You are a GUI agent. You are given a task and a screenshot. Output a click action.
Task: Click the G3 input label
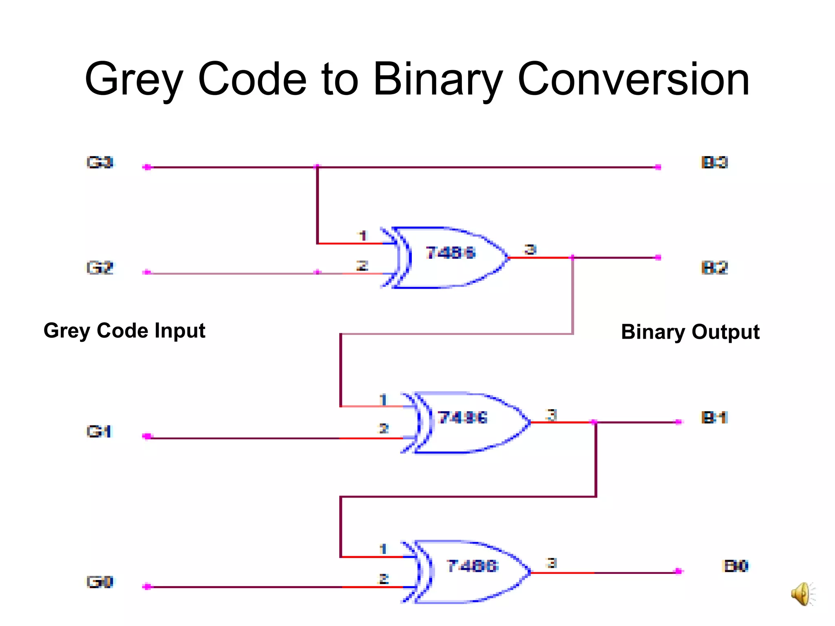(100, 163)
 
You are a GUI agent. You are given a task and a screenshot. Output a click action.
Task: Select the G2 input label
(100, 268)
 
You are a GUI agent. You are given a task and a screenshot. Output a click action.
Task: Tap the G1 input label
(99, 431)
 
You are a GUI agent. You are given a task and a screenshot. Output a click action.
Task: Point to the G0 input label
(100, 582)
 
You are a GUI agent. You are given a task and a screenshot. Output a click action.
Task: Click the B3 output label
(714, 163)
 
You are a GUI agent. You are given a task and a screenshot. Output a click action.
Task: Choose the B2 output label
(714, 268)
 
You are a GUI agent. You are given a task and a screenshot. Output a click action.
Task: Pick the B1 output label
(714, 418)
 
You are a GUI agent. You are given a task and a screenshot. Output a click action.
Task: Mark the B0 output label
(736, 566)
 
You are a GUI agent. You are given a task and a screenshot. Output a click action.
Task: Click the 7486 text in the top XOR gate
(451, 253)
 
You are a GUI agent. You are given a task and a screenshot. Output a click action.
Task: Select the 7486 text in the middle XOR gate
(463, 418)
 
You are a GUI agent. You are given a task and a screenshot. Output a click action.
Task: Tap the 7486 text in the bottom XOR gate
(472, 566)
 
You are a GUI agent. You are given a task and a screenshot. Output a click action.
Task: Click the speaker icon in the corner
(802, 594)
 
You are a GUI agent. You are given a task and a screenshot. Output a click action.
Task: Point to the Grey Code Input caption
(124, 331)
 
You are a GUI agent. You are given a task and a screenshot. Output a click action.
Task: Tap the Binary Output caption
(690, 332)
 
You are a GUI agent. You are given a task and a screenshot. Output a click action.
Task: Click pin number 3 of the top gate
(530, 249)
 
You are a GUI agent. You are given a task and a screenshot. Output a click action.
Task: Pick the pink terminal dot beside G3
(147, 167)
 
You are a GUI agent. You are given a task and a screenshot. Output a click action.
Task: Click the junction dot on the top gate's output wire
(573, 258)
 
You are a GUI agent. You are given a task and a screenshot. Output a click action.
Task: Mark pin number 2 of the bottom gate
(383, 579)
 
